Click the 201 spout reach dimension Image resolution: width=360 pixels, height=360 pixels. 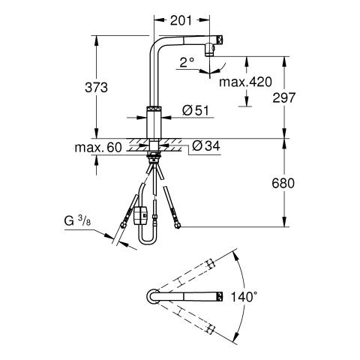coord(181,20)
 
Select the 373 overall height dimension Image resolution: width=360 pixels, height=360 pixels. coord(96,88)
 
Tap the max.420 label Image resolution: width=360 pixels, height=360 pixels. coord(245,82)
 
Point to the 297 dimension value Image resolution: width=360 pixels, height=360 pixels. coord(284,97)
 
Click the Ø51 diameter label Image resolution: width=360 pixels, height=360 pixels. coord(195,110)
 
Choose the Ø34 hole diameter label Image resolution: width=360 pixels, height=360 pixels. coord(206,146)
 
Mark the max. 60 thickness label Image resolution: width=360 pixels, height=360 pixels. coord(98,148)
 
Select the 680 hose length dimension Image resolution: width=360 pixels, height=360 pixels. coord(283,183)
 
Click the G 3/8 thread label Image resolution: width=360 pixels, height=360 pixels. coord(77,220)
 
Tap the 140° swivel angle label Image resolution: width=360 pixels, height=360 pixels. coord(244,297)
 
